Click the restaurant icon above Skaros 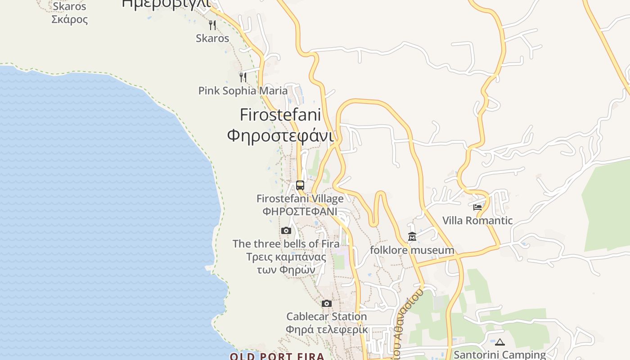tap(212, 25)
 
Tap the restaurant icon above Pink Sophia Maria tap(243, 77)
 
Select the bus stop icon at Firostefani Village tap(300, 185)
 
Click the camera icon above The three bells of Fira tap(286, 231)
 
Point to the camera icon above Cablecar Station tap(327, 304)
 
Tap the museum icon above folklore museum tap(412, 237)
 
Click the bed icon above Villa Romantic tap(477, 207)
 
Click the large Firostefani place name tap(280, 115)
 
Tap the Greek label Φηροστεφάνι tap(280, 135)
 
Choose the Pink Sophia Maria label tap(243, 90)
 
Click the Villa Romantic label tap(477, 220)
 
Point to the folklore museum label tap(412, 250)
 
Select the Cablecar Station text tap(327, 316)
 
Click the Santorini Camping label tap(499, 355)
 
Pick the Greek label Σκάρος tap(70, 19)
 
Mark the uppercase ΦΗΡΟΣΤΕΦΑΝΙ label tap(300, 211)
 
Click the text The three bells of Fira tap(286, 244)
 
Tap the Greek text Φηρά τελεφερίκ tap(327, 329)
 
